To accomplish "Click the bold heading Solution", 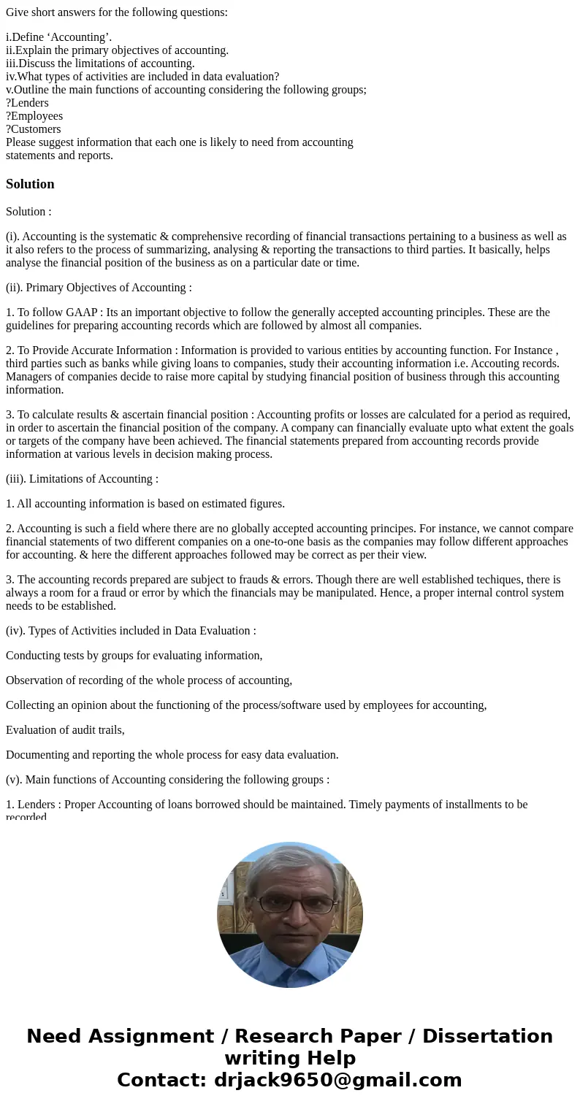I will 30,184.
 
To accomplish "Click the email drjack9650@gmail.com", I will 337,1081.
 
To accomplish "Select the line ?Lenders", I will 27,103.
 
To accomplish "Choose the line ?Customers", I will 34,129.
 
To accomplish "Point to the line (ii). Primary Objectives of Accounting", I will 99,288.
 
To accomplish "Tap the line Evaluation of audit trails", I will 65,730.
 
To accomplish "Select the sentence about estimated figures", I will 145,504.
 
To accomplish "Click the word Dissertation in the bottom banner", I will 487,1037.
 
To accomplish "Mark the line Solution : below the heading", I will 28,212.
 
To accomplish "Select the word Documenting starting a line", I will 38,755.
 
